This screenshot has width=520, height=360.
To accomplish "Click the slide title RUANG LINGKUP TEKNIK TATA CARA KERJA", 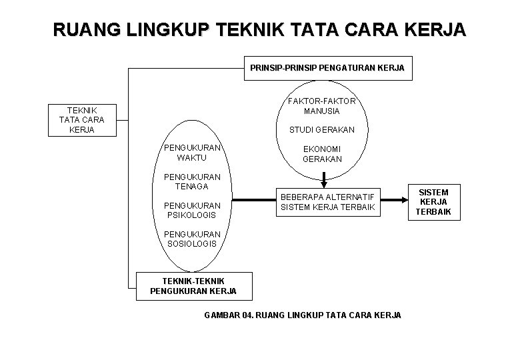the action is coord(260,31).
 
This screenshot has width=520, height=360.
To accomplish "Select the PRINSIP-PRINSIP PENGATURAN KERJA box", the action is coord(327,67).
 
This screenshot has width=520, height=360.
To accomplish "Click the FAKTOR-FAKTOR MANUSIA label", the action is coord(323,106).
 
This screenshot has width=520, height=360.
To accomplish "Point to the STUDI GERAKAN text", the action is coord(323,129).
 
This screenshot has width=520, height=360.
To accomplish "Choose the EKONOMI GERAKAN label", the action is coord(323,154).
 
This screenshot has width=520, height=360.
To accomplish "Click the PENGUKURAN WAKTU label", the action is coord(192,152).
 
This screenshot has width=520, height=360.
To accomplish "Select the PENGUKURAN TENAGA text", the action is coord(192,181).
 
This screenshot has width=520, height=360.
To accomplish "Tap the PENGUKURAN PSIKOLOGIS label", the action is coord(192,210).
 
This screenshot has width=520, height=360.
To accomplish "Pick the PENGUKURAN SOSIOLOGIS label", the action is coord(192,239).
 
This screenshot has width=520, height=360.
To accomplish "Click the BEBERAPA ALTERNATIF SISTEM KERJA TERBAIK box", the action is coord(328,202).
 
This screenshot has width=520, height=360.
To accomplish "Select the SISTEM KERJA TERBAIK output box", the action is coord(434,202).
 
